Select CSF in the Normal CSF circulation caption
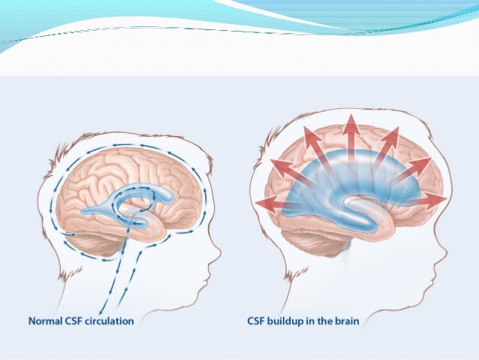79,322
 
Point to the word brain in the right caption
345,322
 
